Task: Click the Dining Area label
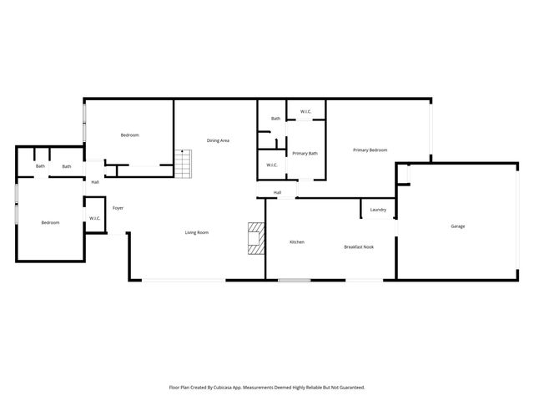coord(218,140)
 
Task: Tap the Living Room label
coord(196,232)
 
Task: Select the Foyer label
coord(118,208)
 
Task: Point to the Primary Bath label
coord(305,153)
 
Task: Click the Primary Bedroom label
coord(370,150)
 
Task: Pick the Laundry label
coord(378,210)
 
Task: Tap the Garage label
coord(458,226)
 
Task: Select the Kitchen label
coord(296,242)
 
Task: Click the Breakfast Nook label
coord(359,247)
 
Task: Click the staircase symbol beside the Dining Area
coord(184,163)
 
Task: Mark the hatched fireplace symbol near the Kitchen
coord(255,238)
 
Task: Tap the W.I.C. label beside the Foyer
coord(95,219)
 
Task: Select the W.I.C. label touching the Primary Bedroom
coord(305,111)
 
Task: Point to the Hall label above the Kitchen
coord(277,193)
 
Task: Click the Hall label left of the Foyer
coord(95,182)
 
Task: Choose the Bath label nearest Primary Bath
coord(275,119)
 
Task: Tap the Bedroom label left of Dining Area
coord(129,135)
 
